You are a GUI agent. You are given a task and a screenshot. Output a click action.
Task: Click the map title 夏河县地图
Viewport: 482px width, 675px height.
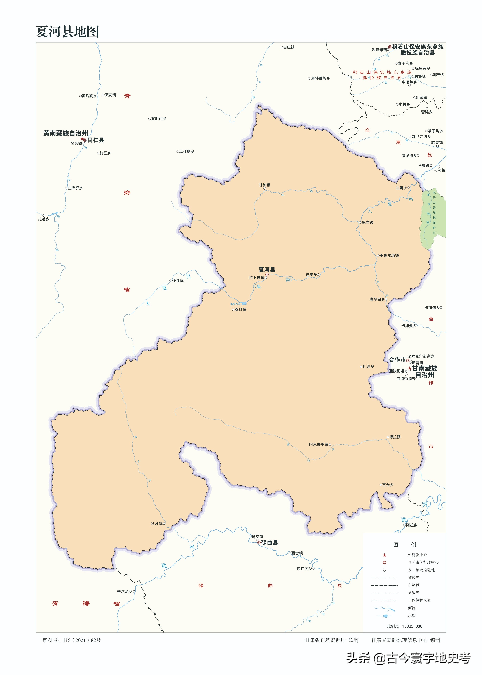[67, 32]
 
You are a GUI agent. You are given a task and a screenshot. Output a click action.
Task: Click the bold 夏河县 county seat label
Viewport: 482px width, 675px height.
[266, 270]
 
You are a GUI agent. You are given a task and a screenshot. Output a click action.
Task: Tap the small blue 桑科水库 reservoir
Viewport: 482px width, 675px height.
[244, 303]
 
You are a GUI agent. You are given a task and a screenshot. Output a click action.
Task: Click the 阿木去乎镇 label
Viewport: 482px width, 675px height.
[318, 444]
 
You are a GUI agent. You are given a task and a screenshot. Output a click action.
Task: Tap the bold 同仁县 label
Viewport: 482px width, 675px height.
[96, 140]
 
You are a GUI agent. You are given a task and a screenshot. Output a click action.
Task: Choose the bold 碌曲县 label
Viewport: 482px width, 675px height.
[269, 542]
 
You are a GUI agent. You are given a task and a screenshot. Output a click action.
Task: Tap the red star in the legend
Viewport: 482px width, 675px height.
[384, 555]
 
